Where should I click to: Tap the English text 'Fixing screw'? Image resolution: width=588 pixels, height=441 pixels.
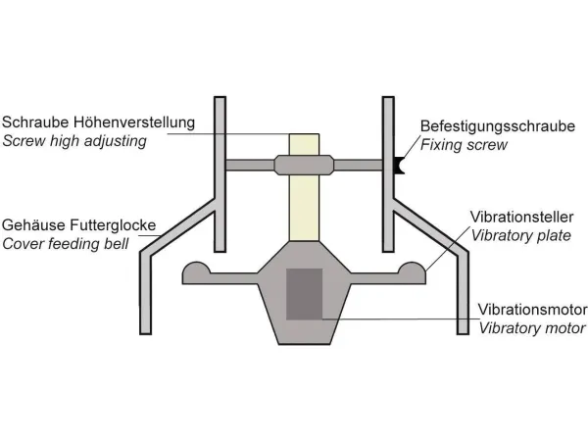click(x=464, y=145)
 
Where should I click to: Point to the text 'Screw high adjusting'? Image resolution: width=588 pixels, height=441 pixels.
click(x=74, y=141)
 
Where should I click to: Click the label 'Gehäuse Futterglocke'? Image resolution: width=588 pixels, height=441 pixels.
click(x=78, y=223)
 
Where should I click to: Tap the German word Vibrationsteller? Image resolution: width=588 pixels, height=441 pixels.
click(x=522, y=218)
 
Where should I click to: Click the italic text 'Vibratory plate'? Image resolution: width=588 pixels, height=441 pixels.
click(x=519, y=236)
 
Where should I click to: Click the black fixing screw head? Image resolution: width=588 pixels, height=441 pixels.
click(x=399, y=166)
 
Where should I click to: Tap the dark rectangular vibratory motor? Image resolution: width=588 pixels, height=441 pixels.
click(x=305, y=293)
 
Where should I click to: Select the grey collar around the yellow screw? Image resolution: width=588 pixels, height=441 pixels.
click(x=304, y=165)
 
